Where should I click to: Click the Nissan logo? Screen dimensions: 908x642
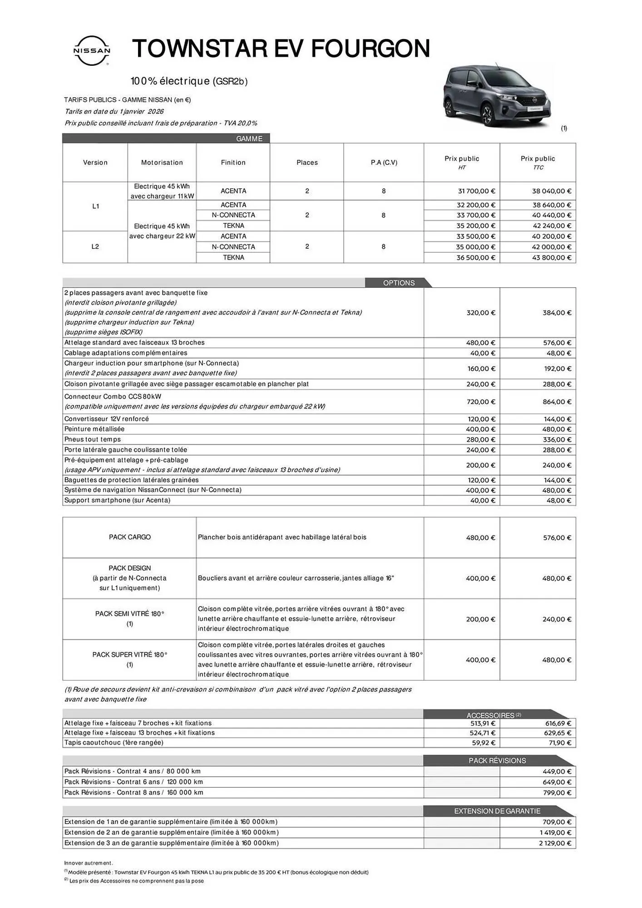click(x=92, y=51)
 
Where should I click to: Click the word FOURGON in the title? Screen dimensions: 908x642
click(x=370, y=49)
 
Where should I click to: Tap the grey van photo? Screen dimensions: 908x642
click(x=497, y=95)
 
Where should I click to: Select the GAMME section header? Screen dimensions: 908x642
click(x=249, y=138)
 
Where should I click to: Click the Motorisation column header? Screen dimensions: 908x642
click(x=162, y=163)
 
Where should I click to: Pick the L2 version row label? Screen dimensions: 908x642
click(x=95, y=247)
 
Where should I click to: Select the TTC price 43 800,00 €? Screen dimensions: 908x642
click(x=551, y=257)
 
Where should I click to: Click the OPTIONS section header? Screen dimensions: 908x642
click(x=398, y=283)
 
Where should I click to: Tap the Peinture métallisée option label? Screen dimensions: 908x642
click(x=94, y=429)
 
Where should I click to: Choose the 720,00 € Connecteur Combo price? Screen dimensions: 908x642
click(x=480, y=402)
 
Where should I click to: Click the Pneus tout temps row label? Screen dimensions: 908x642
click(x=93, y=439)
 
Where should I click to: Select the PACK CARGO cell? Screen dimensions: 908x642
click(x=129, y=537)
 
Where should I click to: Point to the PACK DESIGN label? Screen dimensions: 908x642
click(x=129, y=568)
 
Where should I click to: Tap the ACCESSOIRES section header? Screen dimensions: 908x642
click(x=493, y=715)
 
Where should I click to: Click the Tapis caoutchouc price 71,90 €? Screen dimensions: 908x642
click(x=558, y=743)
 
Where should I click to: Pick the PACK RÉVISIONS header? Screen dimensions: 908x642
click(x=497, y=760)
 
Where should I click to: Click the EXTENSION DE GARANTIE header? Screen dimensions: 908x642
click(x=497, y=811)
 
